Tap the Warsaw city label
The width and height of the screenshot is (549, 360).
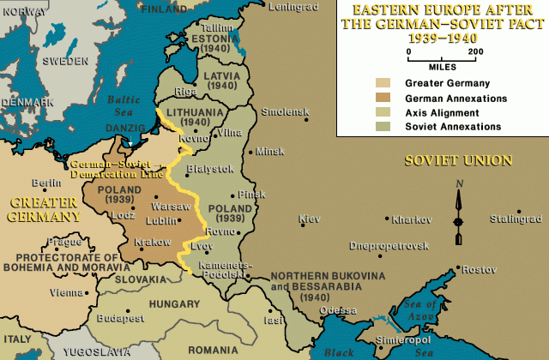pos(165,207)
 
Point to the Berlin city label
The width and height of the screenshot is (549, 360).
pos(44,183)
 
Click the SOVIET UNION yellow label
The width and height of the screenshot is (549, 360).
pos(459,160)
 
